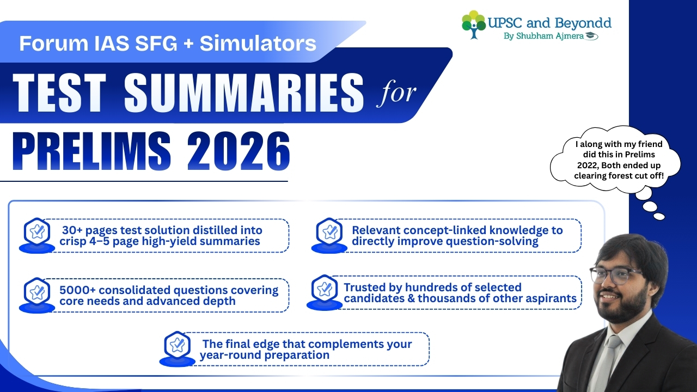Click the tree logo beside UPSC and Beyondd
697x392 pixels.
[x=473, y=24]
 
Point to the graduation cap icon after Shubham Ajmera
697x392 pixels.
[x=591, y=36]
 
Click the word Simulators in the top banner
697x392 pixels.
[x=258, y=43]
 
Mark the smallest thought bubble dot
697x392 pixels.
[x=659, y=216]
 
